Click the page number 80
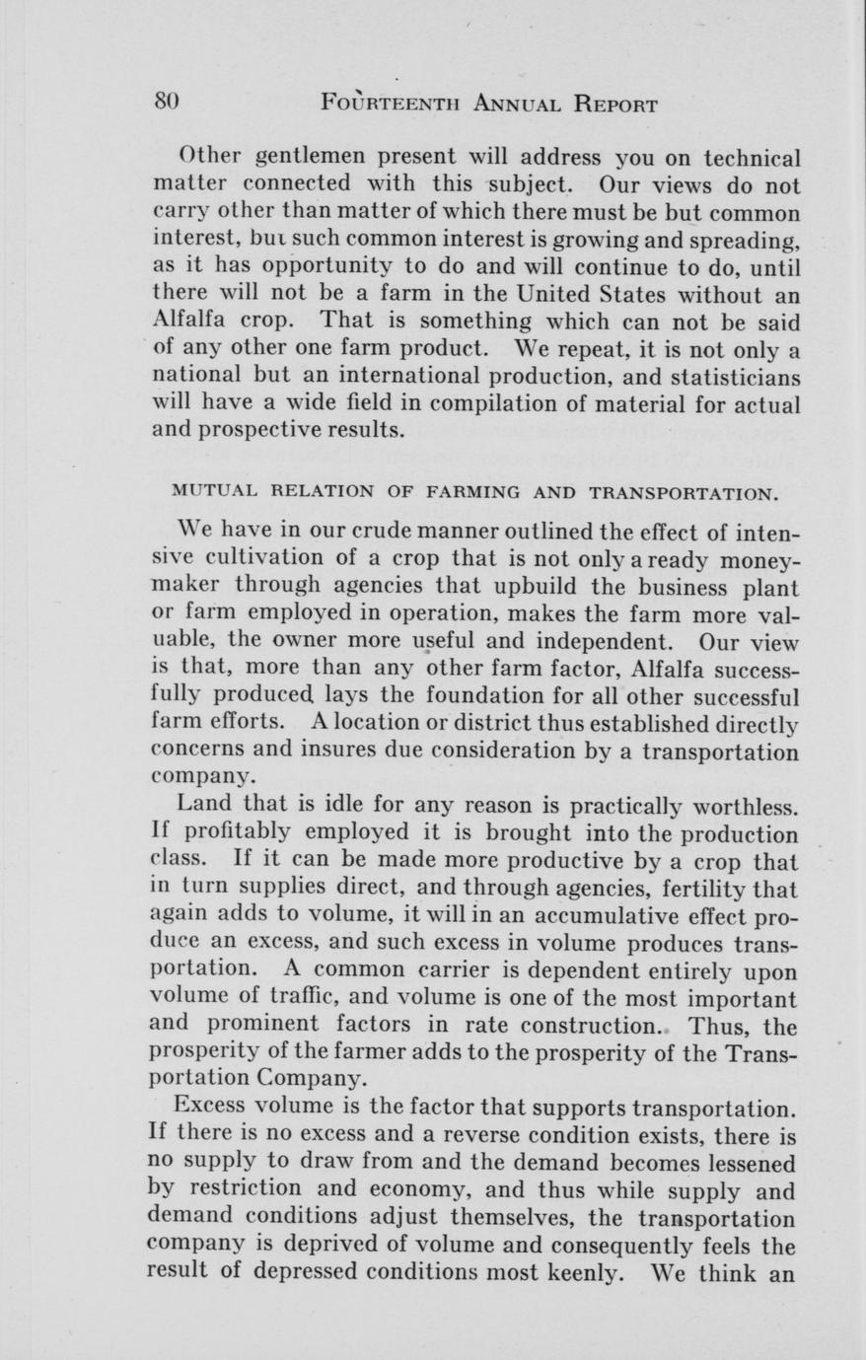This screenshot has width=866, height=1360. click(x=166, y=103)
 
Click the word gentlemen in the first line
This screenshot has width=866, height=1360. click(x=304, y=158)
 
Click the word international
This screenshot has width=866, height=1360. click(x=407, y=378)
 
